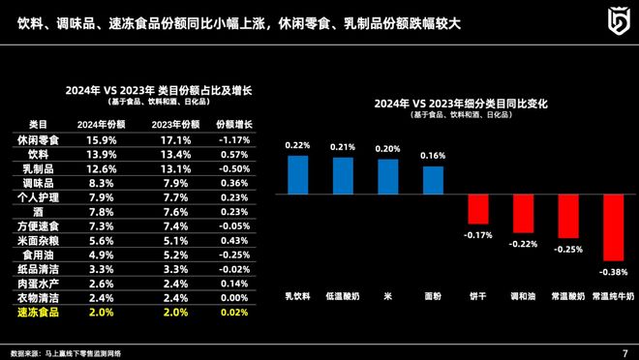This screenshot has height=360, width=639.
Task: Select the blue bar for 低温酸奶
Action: pos(343,176)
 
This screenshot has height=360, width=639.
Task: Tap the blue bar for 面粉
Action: pos(434,181)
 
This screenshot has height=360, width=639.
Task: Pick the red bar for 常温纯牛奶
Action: pos(613,227)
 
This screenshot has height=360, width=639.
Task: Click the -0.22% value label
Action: pos(523,243)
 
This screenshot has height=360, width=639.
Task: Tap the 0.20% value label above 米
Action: pos(388,149)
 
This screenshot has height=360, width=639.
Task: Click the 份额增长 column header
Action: pos(233,125)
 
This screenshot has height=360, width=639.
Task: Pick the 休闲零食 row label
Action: pos(39,140)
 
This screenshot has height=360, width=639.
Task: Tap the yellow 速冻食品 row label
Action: pos(39,314)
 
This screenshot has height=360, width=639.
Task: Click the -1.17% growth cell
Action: pos(233,140)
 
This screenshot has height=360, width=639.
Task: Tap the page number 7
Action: pos(624,350)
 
